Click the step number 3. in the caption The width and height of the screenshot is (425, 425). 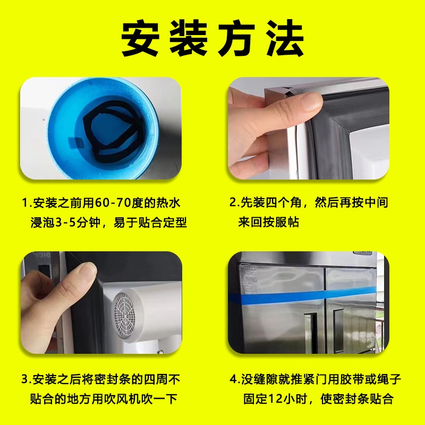(x=25, y=380)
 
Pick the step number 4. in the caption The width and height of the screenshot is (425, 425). (x=233, y=380)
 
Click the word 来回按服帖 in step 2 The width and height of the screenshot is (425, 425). (x=269, y=222)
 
